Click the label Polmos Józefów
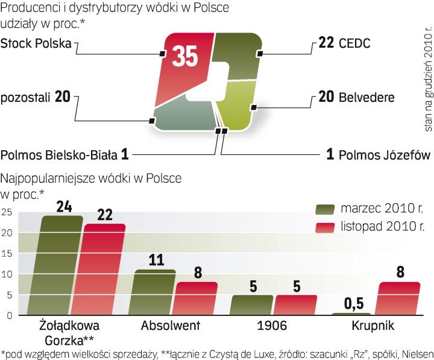pos(379,155)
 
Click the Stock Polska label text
pos(36,43)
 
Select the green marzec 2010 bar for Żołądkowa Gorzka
pos(63,265)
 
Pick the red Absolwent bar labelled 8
pos(196,298)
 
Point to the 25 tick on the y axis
pos(7,212)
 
